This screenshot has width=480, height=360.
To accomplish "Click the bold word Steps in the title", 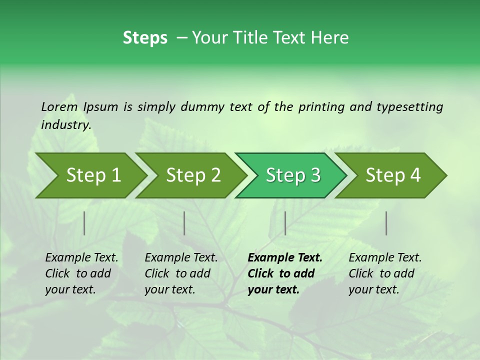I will point(145,38).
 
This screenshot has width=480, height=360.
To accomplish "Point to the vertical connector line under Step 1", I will point(84,223).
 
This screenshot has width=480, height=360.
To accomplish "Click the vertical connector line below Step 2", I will point(184,223).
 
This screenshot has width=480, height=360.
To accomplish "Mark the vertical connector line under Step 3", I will point(285,223).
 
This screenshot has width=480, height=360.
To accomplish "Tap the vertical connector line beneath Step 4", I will point(386,223).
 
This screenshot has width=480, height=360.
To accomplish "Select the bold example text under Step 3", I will point(284,273).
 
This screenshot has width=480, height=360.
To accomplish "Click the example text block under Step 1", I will point(81,273).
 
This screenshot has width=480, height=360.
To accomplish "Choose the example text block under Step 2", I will point(181,273).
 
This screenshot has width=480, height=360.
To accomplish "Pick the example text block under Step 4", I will point(385,273).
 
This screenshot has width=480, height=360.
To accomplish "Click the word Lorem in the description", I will point(59,106).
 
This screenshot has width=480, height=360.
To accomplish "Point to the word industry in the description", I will point(65,125).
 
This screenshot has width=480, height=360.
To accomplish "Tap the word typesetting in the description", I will point(409,106).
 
